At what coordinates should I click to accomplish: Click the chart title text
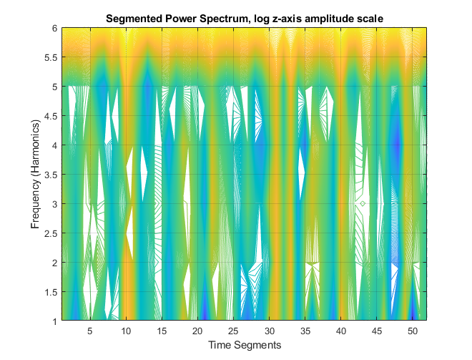tap(245, 18)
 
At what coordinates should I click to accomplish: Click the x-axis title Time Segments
tap(245, 345)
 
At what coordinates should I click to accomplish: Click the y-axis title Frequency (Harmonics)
tap(35, 174)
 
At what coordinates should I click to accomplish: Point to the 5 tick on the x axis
tap(90, 331)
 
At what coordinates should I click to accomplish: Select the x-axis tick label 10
tap(126, 331)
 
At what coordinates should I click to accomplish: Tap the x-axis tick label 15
tap(162, 331)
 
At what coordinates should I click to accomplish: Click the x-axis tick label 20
tap(197, 331)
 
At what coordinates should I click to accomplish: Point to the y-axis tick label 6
tap(54, 29)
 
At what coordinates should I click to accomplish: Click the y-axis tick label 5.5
tap(49, 58)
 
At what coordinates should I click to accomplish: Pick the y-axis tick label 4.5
tap(49, 116)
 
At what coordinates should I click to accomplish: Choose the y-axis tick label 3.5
tap(49, 175)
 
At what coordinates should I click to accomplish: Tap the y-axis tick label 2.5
tap(49, 233)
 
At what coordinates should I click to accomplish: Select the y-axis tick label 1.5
tap(49, 291)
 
